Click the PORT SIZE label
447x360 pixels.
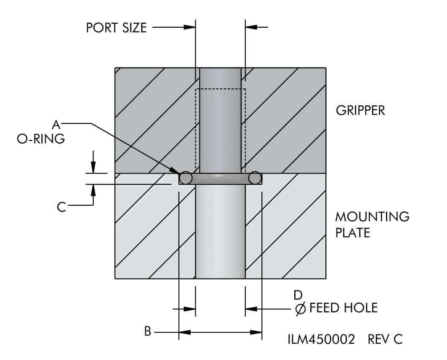[x=116, y=28]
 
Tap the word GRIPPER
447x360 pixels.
[x=360, y=110]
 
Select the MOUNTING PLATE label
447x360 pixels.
[x=372, y=224]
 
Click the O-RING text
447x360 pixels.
[x=41, y=139]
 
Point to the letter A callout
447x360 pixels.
[x=56, y=124]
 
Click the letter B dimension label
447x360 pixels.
[x=148, y=331]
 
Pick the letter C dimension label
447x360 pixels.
[x=61, y=207]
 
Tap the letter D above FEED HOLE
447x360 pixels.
[x=298, y=294]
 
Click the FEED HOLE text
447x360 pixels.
[x=343, y=308]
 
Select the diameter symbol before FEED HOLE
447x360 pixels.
[x=300, y=308]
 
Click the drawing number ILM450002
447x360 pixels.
[x=321, y=339]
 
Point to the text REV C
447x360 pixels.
[x=385, y=339]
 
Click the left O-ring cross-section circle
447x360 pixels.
[x=186, y=177]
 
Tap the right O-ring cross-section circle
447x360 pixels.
[x=255, y=177]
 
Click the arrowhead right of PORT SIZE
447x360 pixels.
[x=189, y=27]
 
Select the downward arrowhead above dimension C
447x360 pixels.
[x=93, y=168]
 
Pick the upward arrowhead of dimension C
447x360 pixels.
[x=93, y=189]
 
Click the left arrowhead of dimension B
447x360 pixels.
[x=184, y=331]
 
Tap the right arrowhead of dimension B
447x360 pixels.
[x=256, y=331]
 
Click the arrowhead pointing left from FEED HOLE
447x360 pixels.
[x=251, y=308]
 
